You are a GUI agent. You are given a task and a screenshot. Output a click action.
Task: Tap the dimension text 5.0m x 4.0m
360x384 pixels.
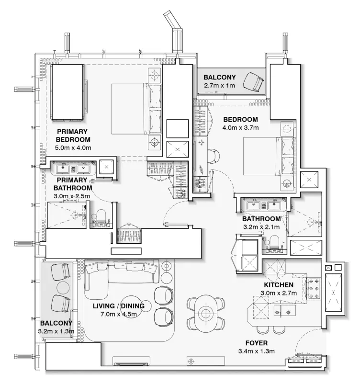pos(73,147)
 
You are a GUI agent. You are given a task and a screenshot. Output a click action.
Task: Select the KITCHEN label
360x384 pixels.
pos(276,285)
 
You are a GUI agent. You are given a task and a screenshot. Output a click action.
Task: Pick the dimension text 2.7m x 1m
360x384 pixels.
pos(220,86)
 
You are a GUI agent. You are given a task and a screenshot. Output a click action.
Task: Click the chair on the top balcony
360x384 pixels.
pos(253,82)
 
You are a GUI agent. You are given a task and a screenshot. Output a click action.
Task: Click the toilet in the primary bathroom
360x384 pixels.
pos(101,216)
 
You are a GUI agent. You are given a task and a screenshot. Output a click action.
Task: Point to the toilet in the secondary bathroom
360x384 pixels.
pos(274,242)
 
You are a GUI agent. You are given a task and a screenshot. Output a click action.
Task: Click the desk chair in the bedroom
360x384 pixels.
pos(214,156)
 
